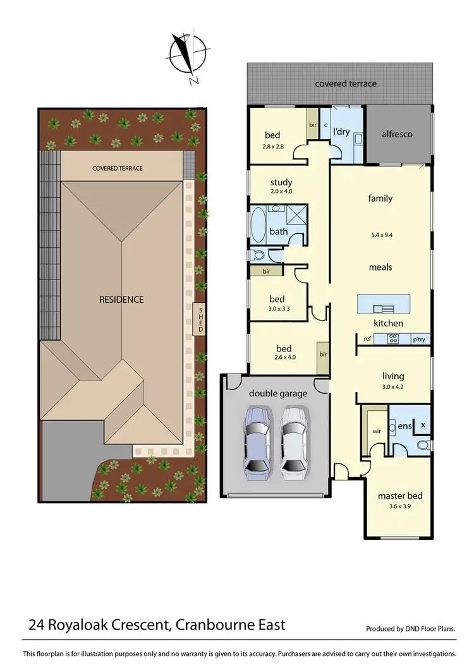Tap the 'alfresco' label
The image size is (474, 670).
(397, 134)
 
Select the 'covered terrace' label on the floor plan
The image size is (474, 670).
(345, 83)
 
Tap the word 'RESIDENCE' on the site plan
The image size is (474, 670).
(121, 299)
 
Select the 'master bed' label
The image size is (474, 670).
(399, 496)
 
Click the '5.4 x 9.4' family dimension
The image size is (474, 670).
(380, 234)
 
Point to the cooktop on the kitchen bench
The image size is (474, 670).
(392, 339)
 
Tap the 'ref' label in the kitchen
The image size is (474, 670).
(367, 339)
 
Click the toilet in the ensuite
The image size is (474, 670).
(423, 446)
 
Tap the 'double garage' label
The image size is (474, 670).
(278, 393)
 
